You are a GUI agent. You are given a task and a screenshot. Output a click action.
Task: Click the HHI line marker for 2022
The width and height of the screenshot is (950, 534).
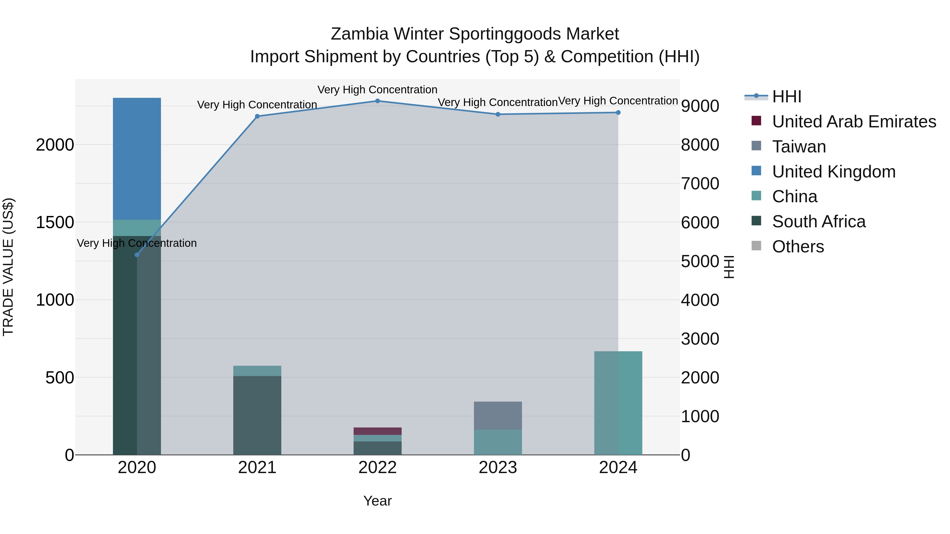point(377,101)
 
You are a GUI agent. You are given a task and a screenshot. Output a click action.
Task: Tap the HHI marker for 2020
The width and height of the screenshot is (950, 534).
point(137,255)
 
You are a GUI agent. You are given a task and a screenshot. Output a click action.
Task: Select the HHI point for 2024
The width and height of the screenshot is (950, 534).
point(618,112)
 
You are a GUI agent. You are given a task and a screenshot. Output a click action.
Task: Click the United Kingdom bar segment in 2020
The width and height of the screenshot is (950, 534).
point(137,158)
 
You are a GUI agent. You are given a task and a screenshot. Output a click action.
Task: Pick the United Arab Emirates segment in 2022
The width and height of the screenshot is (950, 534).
point(377,431)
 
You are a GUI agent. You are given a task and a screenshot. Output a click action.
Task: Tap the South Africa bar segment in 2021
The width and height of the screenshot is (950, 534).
point(257,415)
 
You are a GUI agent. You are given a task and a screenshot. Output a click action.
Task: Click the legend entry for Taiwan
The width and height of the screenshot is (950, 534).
point(799,147)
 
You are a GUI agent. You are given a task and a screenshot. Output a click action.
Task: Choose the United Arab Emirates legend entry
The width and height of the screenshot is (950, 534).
point(854,122)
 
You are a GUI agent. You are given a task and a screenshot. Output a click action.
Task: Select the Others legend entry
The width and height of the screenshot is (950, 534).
point(798,247)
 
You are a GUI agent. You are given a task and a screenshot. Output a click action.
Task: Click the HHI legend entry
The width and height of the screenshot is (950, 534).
point(786,97)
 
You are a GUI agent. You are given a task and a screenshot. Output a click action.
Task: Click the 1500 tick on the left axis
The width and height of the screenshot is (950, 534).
point(55,223)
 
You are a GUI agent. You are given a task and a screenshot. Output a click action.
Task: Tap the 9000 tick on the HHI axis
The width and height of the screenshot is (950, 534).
point(700,106)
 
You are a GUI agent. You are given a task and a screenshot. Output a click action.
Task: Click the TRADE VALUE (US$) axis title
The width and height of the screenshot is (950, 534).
point(8,267)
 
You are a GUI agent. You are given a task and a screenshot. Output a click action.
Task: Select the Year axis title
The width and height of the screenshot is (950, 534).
point(377,501)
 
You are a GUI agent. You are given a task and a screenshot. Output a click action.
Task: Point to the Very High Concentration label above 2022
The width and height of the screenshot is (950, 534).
point(377,90)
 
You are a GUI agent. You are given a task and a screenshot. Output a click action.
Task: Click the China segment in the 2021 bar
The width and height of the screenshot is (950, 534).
point(257,371)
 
